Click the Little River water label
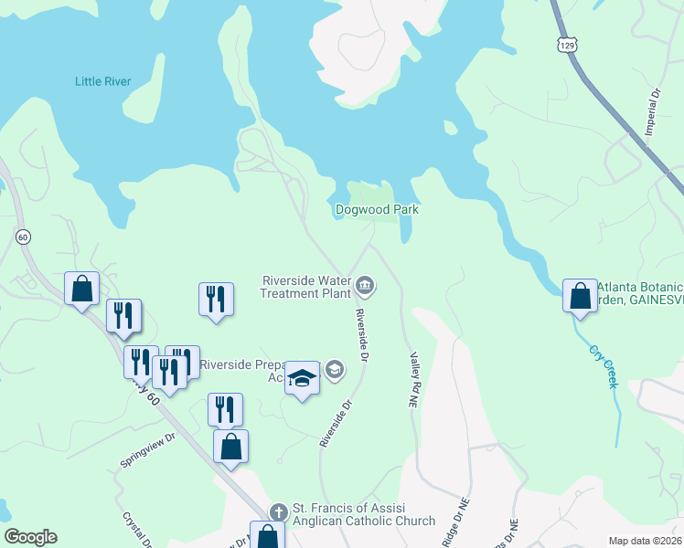click(x=102, y=81)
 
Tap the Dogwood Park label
click(x=377, y=209)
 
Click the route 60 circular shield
click(x=23, y=237)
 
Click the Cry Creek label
click(x=605, y=367)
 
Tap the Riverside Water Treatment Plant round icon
click(x=365, y=287)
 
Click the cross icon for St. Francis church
click(x=278, y=514)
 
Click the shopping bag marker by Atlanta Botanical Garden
click(x=580, y=296)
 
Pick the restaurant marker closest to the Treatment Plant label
click(x=216, y=299)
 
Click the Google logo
click(x=30, y=537)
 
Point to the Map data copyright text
click(x=646, y=541)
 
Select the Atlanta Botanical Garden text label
click(x=640, y=293)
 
